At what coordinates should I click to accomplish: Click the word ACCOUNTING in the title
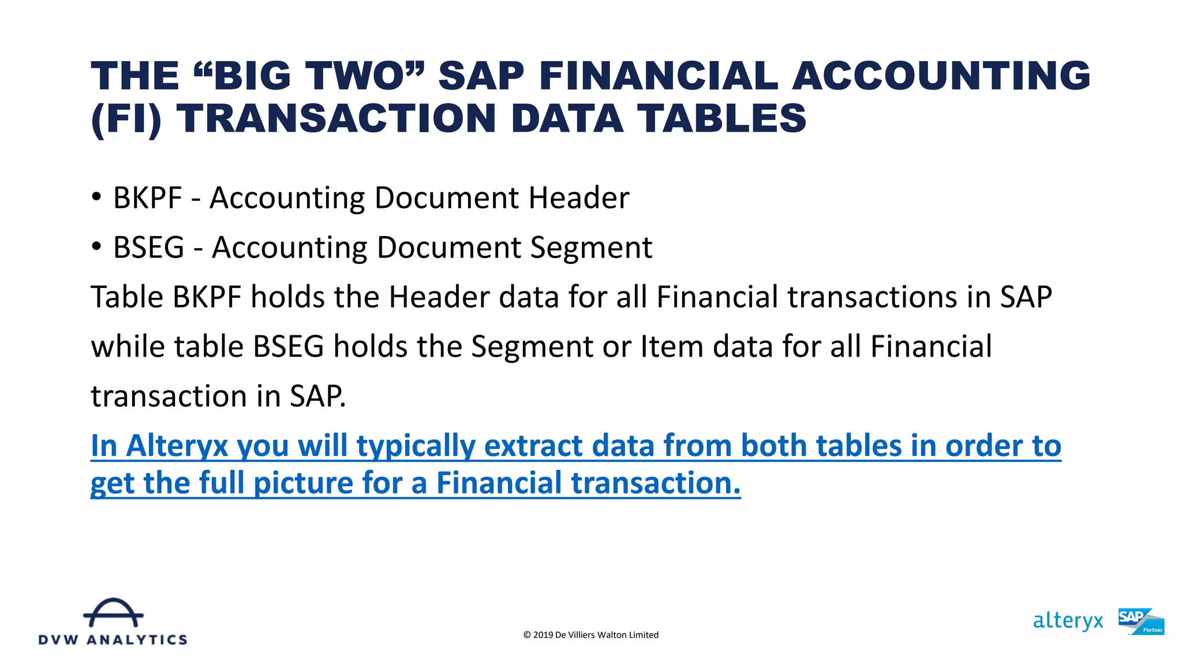[941, 76]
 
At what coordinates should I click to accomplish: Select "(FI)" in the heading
[126, 119]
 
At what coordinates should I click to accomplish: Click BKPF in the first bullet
[148, 198]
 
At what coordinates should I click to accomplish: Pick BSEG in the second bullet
[149, 248]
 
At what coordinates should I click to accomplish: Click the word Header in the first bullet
[578, 198]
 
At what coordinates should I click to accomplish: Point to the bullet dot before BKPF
[96, 197]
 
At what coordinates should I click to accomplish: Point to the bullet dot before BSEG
[96, 247]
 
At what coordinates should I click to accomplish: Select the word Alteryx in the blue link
[177, 446]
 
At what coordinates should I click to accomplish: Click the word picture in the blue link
[303, 483]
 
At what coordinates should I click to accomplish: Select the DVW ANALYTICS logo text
[113, 640]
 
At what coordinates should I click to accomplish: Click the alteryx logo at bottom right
[1068, 621]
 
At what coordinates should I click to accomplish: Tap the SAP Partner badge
[1140, 621]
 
